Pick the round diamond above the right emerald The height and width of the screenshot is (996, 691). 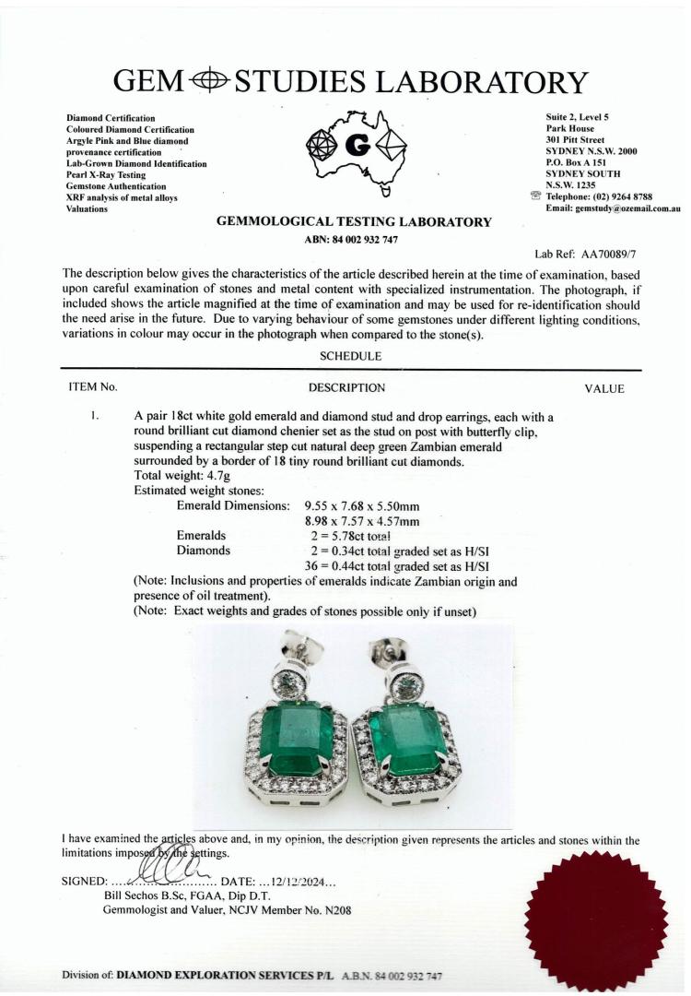pyautogui.click(x=405, y=684)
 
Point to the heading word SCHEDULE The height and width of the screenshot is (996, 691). pyautogui.click(x=350, y=356)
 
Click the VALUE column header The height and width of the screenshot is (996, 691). pyautogui.click(x=604, y=388)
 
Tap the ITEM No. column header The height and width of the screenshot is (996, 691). pyautogui.click(x=93, y=388)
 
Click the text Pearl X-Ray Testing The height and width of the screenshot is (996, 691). pyautogui.click(x=106, y=175)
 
